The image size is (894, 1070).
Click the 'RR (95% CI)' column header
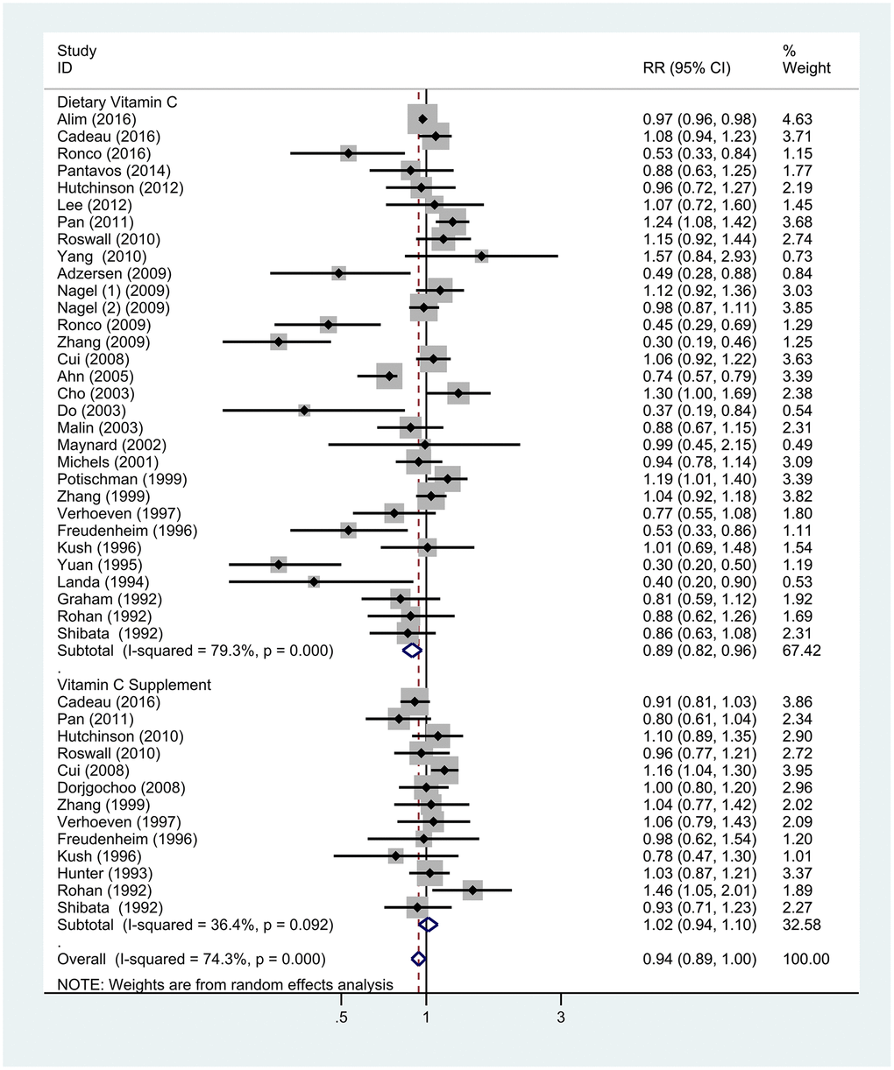coord(686,68)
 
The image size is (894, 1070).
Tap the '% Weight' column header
coord(805,60)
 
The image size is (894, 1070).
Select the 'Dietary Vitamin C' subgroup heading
coord(117,102)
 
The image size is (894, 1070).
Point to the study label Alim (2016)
coord(96,119)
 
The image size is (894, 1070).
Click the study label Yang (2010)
coord(102,257)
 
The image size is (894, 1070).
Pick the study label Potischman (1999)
coord(122,479)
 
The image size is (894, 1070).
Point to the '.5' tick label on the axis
coord(341,1017)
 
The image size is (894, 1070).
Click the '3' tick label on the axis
coord(561,1017)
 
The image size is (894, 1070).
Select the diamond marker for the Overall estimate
coord(418,959)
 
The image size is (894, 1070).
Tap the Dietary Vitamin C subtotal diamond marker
coord(411,651)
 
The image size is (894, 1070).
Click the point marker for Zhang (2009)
coord(279,342)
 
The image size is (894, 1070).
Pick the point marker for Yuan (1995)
coord(279,565)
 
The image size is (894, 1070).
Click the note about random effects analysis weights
coord(225,985)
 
